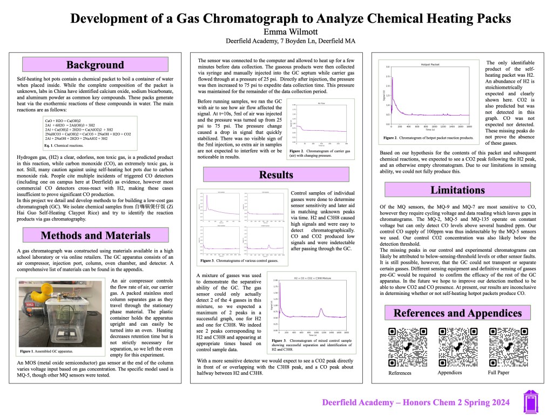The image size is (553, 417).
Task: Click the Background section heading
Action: click(95, 65)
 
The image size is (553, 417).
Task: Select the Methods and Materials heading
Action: click(95, 235)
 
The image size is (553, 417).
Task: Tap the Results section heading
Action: click(276, 174)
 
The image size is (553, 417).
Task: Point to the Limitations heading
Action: click(456, 190)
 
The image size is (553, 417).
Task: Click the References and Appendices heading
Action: click(457, 313)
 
